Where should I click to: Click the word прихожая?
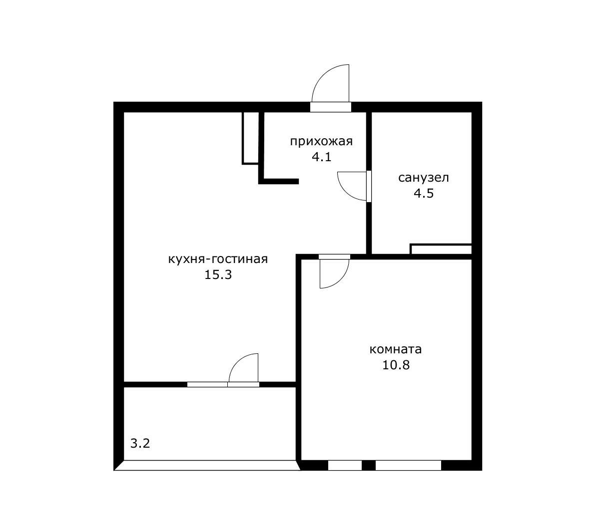click(321, 142)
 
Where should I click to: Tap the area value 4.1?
click(322, 156)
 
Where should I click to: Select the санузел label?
click(424, 178)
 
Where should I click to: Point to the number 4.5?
click(424, 193)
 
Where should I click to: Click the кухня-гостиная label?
click(218, 260)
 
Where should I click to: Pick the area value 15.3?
click(218, 274)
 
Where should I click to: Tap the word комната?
click(395, 349)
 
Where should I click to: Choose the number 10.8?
click(396, 365)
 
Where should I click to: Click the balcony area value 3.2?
click(140, 443)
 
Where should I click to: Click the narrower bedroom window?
click(345, 465)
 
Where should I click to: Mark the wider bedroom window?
click(408, 465)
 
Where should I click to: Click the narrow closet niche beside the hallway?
click(250, 138)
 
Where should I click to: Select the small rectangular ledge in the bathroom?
click(441, 249)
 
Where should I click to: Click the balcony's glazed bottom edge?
click(207, 466)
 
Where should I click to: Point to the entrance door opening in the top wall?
click(331, 107)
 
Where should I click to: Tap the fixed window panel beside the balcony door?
click(207, 384)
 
